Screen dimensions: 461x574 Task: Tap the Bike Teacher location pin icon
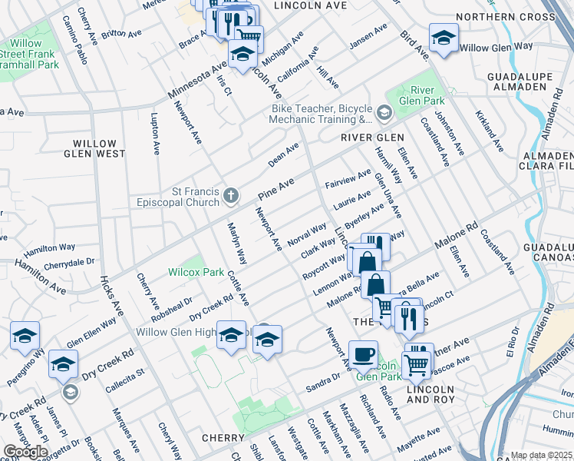click(384, 114)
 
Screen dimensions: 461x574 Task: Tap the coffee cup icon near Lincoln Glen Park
click(363, 354)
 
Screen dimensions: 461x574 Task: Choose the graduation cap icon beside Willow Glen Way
click(444, 38)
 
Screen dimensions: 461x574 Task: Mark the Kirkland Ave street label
click(489, 129)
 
